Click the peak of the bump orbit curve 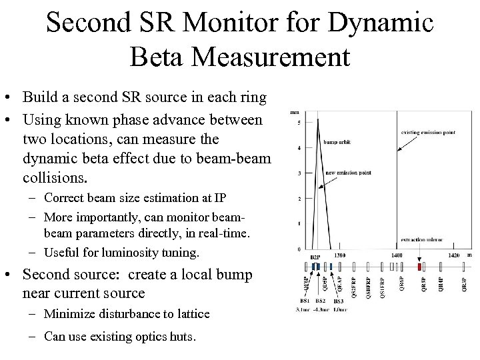[x=317, y=120]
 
